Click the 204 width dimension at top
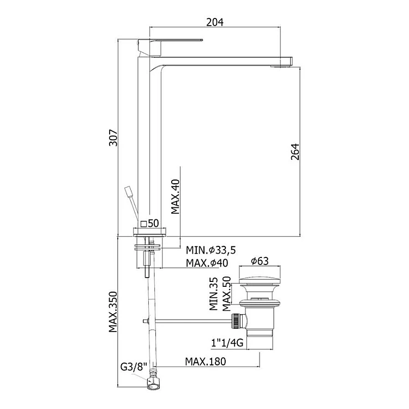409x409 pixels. pyautogui.click(x=215, y=22)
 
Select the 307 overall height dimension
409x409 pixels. pyautogui.click(x=113, y=137)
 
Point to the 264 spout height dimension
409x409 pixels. pyautogui.click(x=295, y=152)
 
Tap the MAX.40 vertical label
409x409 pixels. pyautogui.click(x=176, y=196)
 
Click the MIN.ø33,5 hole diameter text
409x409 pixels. pyautogui.click(x=210, y=250)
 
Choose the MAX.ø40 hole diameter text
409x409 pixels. pyautogui.click(x=207, y=263)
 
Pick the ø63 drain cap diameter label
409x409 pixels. pyautogui.click(x=260, y=261)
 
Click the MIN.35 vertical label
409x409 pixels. pyautogui.click(x=214, y=294)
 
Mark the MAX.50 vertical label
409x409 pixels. pyautogui.click(x=227, y=294)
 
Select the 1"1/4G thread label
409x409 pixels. pyautogui.click(x=227, y=343)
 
